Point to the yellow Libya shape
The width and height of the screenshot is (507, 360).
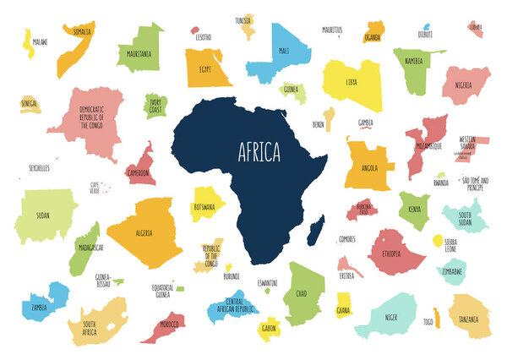click(351, 83)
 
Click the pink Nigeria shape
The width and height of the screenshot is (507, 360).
click(465, 85)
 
